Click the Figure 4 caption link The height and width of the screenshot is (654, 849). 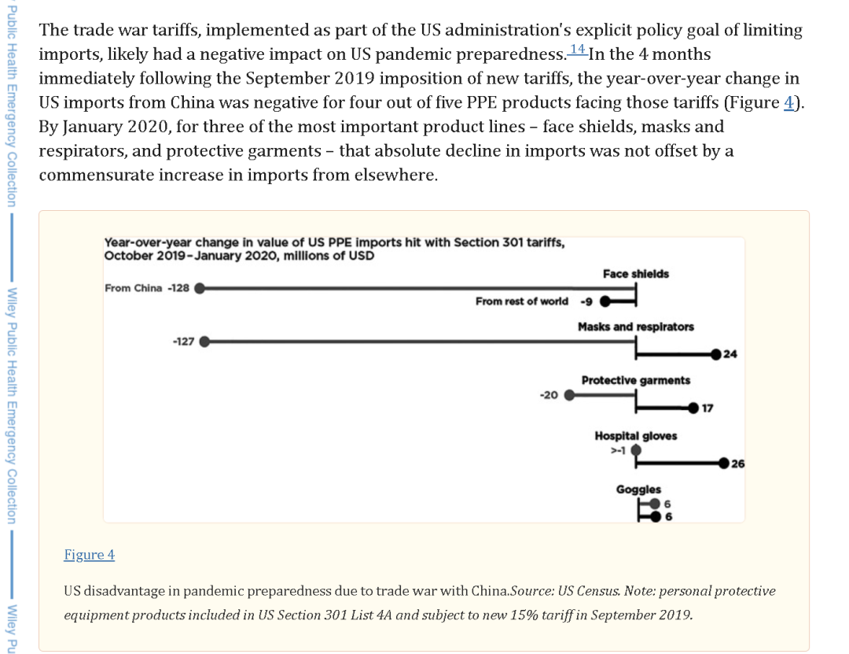(89, 555)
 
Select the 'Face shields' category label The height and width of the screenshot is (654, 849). (636, 274)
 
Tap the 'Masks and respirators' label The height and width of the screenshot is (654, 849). (635, 327)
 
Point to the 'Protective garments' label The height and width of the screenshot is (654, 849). (635, 380)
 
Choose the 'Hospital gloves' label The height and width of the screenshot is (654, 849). (635, 435)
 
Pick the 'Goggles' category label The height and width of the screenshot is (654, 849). (638, 489)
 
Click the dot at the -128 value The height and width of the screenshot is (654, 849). (200, 288)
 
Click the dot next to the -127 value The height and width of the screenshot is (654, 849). (205, 342)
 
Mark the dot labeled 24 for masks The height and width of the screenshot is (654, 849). (716, 354)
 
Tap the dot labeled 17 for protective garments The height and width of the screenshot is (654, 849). (693, 408)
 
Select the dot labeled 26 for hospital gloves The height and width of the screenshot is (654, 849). (723, 463)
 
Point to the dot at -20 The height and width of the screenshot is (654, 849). (570, 395)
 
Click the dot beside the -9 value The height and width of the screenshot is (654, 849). (606, 301)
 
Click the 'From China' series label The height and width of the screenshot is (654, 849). (133, 288)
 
